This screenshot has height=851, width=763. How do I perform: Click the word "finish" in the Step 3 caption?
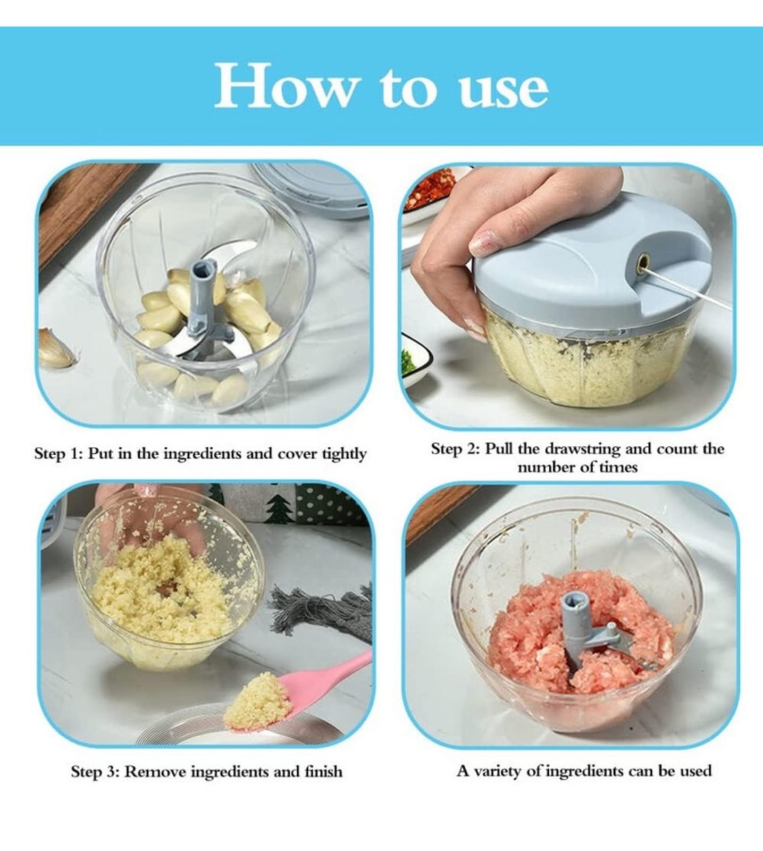coord(324,771)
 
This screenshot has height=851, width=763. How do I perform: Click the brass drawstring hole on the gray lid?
coord(641,261)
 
